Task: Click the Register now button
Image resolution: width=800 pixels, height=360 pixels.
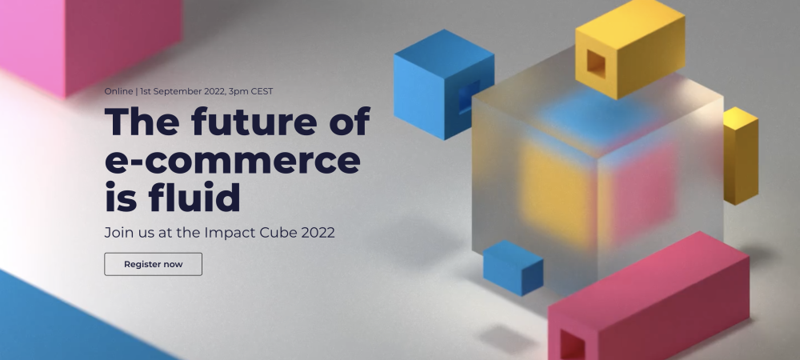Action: pos(153,264)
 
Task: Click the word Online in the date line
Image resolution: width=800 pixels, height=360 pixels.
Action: pos(118,91)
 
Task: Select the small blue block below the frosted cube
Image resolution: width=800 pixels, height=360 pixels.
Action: pos(513,267)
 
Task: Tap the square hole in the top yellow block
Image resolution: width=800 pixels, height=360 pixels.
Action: pos(597,62)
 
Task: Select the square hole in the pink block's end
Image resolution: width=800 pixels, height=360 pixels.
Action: pos(571,342)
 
